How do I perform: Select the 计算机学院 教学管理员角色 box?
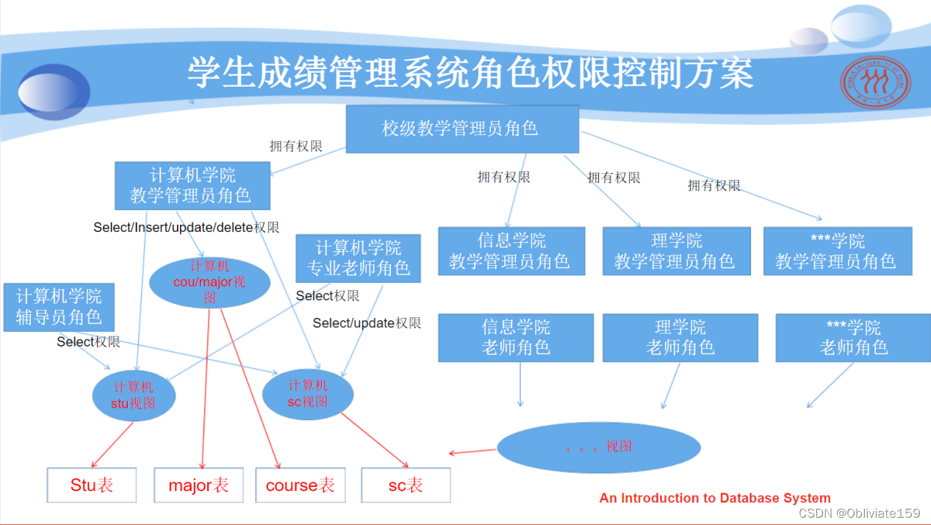[x=193, y=186]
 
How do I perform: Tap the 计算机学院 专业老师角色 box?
[x=358, y=258]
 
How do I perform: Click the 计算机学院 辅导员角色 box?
[x=59, y=308]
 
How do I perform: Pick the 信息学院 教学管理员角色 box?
[x=511, y=251]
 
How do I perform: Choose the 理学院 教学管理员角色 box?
[x=676, y=251]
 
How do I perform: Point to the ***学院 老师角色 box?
[x=853, y=338]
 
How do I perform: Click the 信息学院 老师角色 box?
[x=515, y=338]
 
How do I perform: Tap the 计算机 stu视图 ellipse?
[x=134, y=396]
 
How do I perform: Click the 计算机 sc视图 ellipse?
[x=308, y=394]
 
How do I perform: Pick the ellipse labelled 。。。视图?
[x=599, y=447]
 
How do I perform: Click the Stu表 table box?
[x=92, y=485]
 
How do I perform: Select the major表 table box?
[x=198, y=485]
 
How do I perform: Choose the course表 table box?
[x=300, y=485]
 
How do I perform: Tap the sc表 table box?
[x=406, y=485]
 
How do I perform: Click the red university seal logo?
[x=875, y=87]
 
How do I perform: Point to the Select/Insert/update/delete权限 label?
[x=186, y=228]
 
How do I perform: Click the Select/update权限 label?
[x=367, y=323]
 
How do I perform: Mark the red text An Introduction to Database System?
[x=715, y=498]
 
